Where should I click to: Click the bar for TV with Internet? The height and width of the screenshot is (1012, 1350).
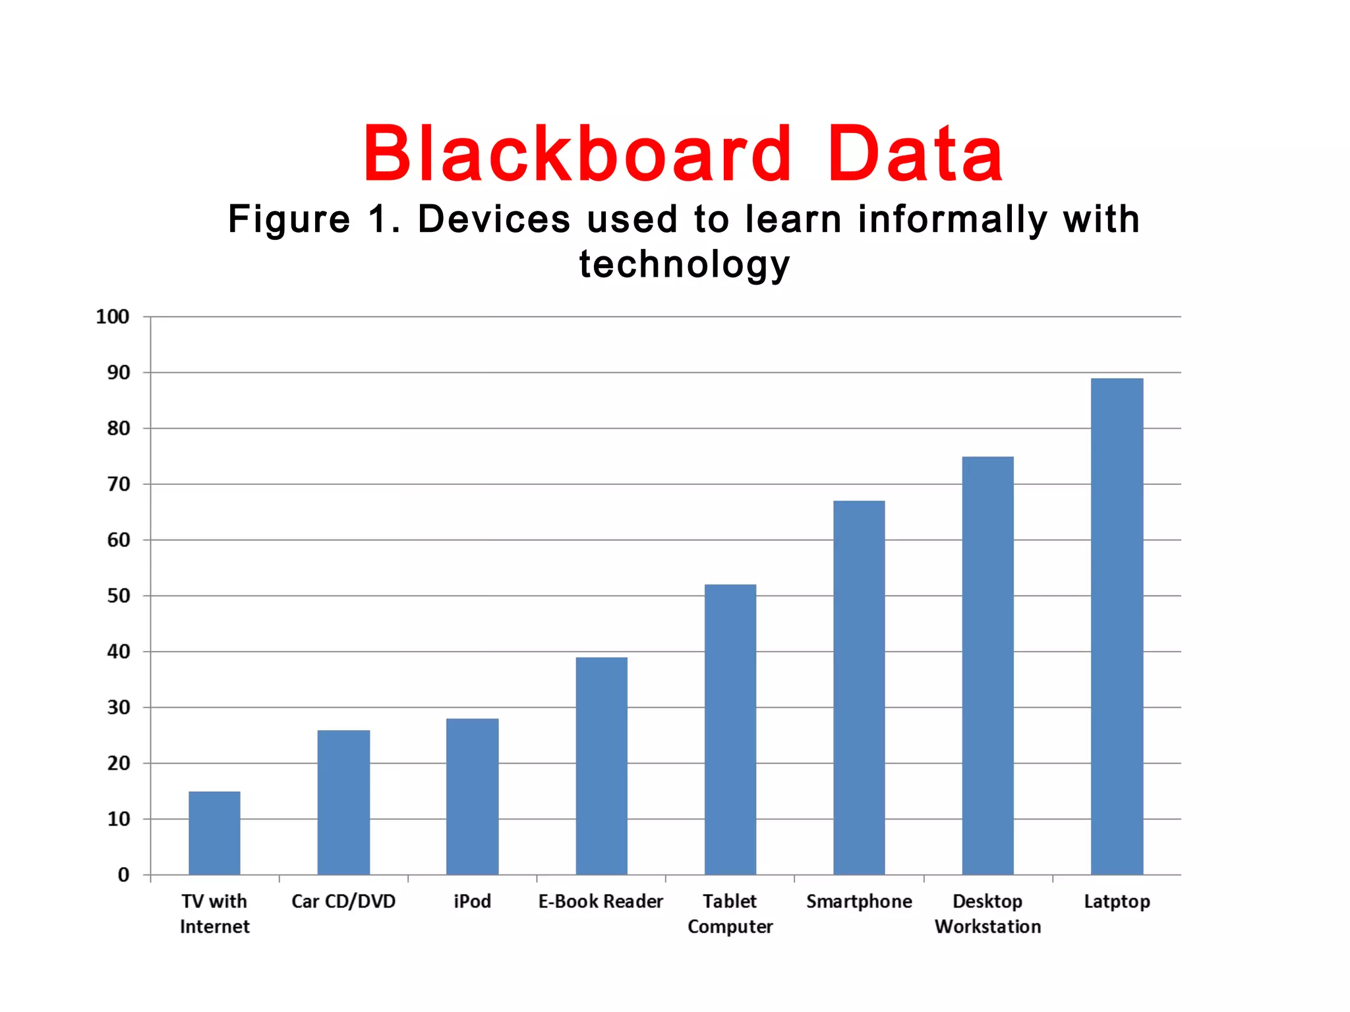[214, 833]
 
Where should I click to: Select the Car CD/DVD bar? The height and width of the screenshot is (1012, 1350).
[343, 802]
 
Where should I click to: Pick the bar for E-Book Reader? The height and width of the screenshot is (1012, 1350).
[601, 766]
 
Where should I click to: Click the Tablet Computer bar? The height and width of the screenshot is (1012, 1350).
[730, 729]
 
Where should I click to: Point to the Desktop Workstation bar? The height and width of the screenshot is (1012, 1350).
[987, 665]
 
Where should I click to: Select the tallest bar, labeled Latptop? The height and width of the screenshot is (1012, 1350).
[1117, 626]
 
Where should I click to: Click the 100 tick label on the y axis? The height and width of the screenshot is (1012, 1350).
[113, 317]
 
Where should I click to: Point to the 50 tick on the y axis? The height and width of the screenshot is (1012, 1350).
[119, 596]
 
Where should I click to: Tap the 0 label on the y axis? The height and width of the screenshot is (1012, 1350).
[124, 875]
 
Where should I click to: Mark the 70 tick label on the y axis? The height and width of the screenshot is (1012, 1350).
[119, 484]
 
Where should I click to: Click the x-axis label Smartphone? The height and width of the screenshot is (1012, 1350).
[859, 901]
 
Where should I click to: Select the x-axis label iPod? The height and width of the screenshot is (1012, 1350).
[472, 901]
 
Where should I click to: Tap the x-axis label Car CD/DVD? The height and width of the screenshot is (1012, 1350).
[343, 901]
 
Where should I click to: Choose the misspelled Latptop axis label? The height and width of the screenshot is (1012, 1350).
[1117, 901]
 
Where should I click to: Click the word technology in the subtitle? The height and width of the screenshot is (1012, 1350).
[684, 265]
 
